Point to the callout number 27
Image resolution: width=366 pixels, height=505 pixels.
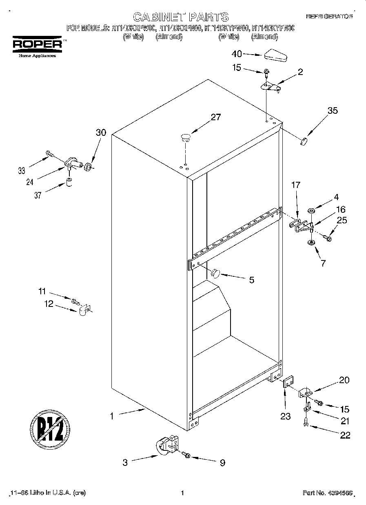[x=215, y=117]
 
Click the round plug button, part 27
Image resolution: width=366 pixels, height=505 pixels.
[x=186, y=136]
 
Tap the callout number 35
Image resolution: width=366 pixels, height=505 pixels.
[x=333, y=110]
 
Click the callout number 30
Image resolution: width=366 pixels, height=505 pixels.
[x=100, y=132]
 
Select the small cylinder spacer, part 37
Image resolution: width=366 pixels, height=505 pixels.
[x=69, y=181]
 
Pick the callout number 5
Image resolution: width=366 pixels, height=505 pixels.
[x=251, y=280]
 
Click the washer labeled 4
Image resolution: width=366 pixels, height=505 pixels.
[x=311, y=211]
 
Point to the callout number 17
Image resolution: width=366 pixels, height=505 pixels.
[x=295, y=185]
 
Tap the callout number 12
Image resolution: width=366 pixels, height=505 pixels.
[x=49, y=304]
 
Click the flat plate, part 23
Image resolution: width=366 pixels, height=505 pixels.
[x=288, y=384]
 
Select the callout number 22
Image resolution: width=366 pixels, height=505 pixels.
[x=345, y=435]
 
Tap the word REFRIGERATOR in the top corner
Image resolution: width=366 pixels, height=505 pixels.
[x=329, y=16]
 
